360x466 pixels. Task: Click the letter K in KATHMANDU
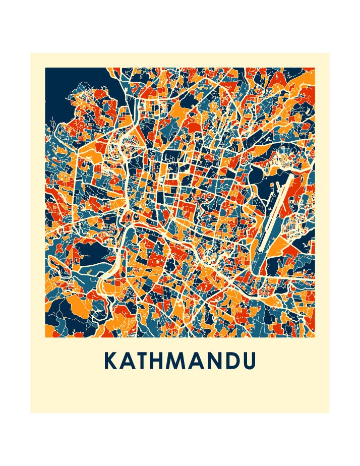pos(111,361)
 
